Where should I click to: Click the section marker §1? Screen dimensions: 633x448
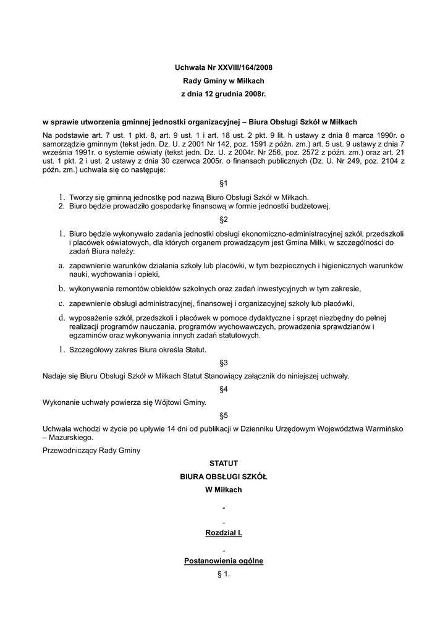(224, 184)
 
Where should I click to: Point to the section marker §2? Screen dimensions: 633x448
(224, 219)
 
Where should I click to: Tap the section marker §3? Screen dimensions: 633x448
(224, 362)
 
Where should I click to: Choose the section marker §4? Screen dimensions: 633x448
(224, 389)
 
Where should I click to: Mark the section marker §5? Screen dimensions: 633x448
(224, 415)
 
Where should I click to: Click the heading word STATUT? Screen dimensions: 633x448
(224, 463)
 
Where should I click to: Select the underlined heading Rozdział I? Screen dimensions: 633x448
(224, 532)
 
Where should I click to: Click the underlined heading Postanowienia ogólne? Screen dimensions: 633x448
(224, 561)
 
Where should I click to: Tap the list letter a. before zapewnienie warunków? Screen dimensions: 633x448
(62, 265)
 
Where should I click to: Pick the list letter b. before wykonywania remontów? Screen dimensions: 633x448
(62, 289)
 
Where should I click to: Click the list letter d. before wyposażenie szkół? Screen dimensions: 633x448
(62, 317)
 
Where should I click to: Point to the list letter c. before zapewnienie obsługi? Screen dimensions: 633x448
(62, 303)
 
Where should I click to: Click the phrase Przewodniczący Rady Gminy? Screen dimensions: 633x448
(91, 450)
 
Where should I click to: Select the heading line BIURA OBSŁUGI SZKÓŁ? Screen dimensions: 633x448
(224, 477)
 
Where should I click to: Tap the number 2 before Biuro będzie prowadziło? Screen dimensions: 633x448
(62, 206)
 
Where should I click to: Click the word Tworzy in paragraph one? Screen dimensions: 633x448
(81, 197)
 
